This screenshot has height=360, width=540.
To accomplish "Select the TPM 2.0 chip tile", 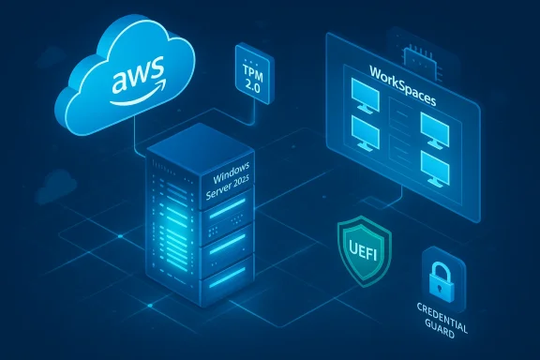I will [251, 69].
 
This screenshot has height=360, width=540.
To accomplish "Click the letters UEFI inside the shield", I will [357, 248].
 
